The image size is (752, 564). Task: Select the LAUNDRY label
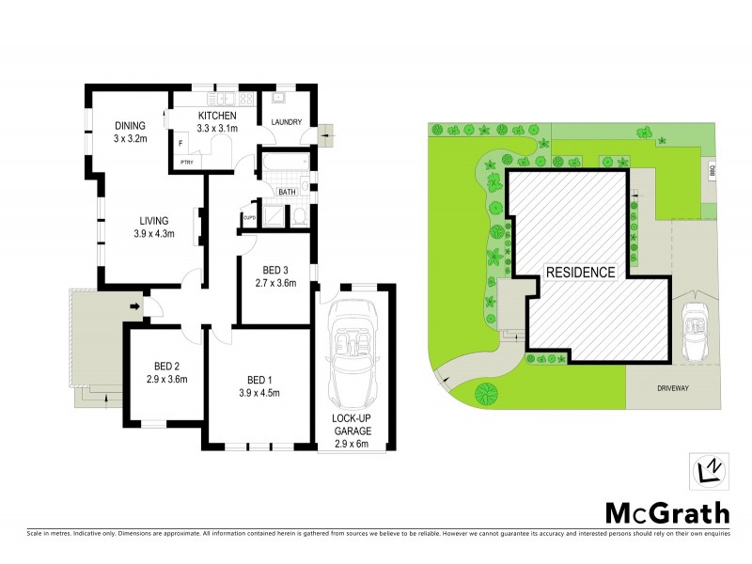tap(285, 122)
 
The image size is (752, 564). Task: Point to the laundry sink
tap(279, 97)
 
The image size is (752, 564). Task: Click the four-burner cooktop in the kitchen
tap(246, 97)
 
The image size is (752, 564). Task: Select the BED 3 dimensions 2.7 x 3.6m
tap(276, 282)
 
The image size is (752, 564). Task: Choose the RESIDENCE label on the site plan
tap(581, 273)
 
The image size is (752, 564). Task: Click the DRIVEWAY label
tap(674, 387)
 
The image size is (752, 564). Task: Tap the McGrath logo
tap(666, 512)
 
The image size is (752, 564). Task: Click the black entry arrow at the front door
tap(134, 305)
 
